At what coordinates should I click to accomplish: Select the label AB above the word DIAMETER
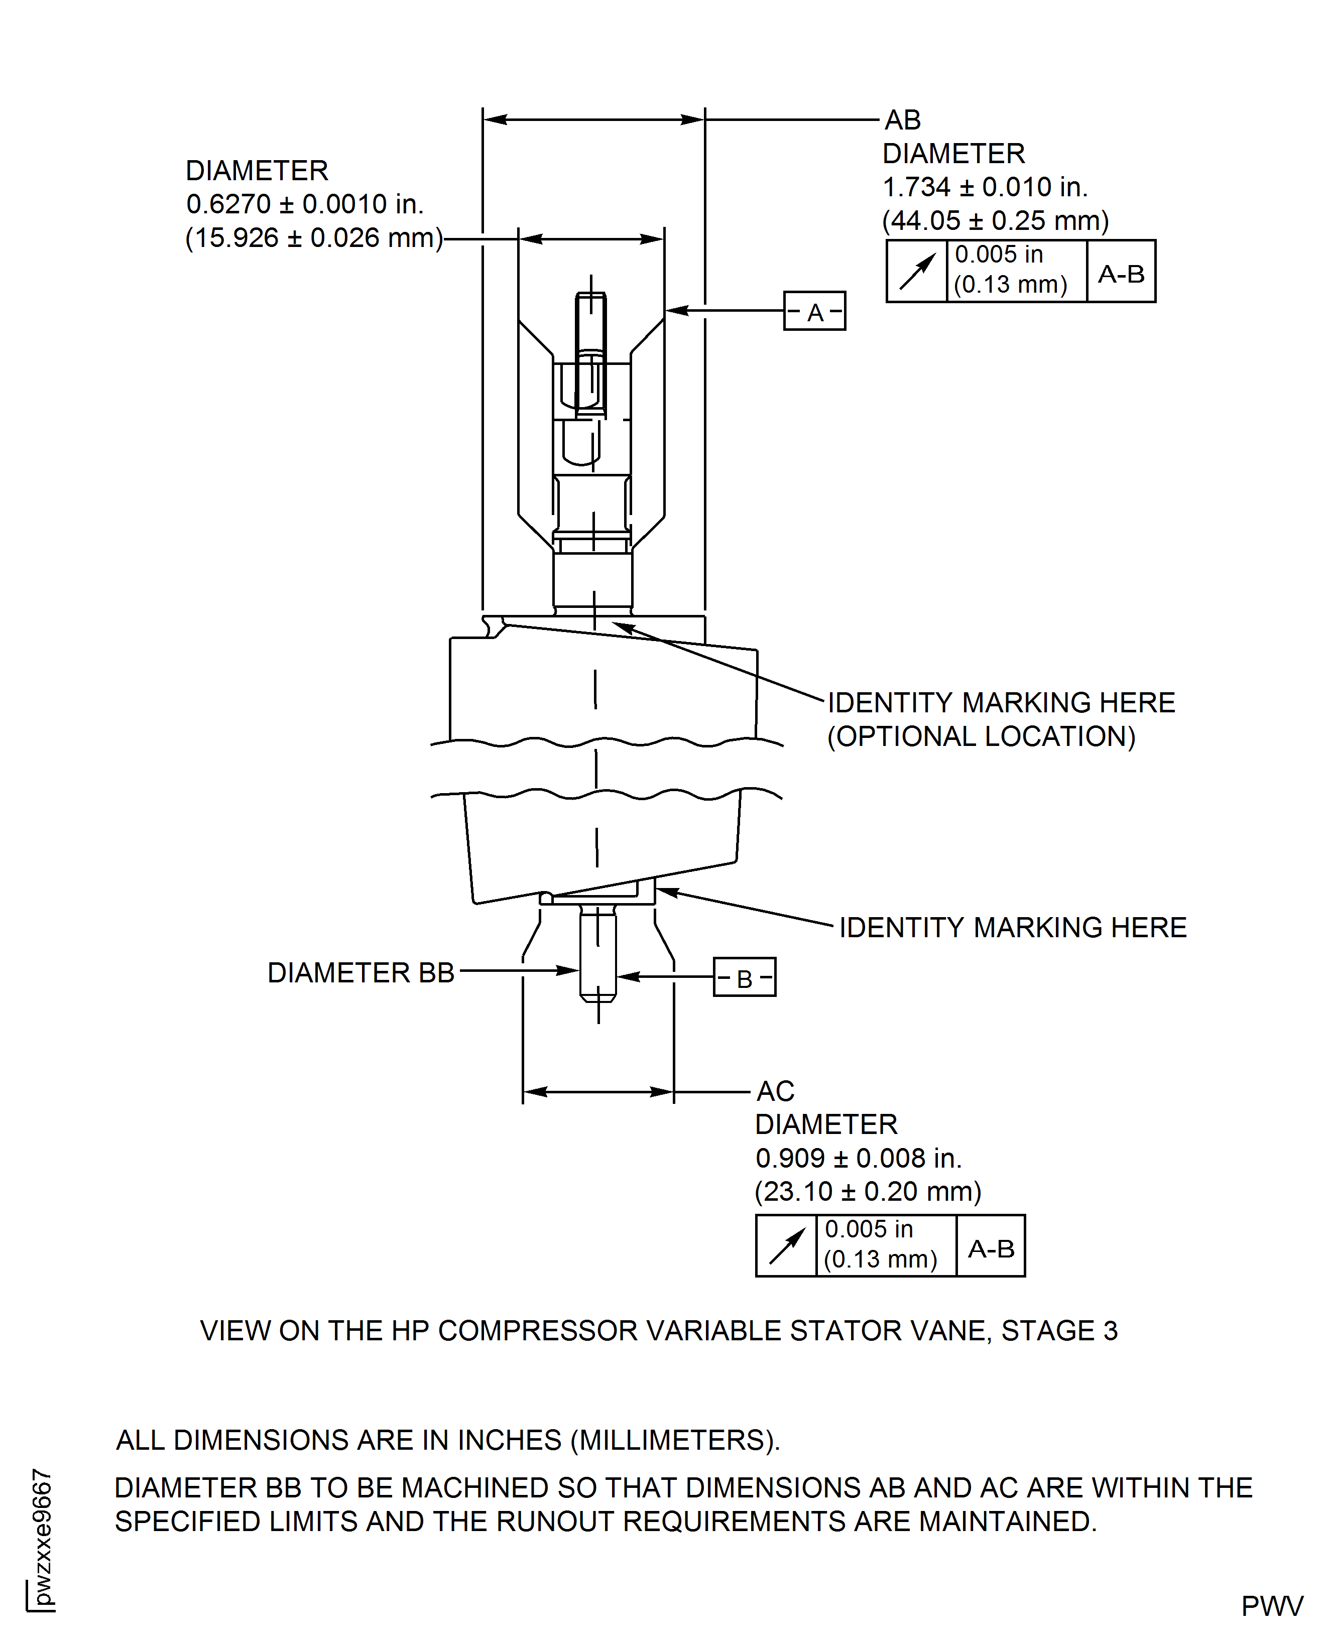coord(903,120)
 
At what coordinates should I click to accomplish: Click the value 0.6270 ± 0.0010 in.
coord(304,204)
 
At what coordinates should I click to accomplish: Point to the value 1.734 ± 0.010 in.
coord(985,187)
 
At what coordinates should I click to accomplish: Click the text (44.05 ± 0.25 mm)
coord(995,221)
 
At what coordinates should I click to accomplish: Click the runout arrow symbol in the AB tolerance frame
coord(916,272)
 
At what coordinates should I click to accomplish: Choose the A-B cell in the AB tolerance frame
coord(1121,274)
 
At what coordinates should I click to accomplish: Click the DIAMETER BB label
coord(361,973)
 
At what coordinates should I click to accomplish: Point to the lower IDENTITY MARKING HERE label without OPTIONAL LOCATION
coord(1012,928)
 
